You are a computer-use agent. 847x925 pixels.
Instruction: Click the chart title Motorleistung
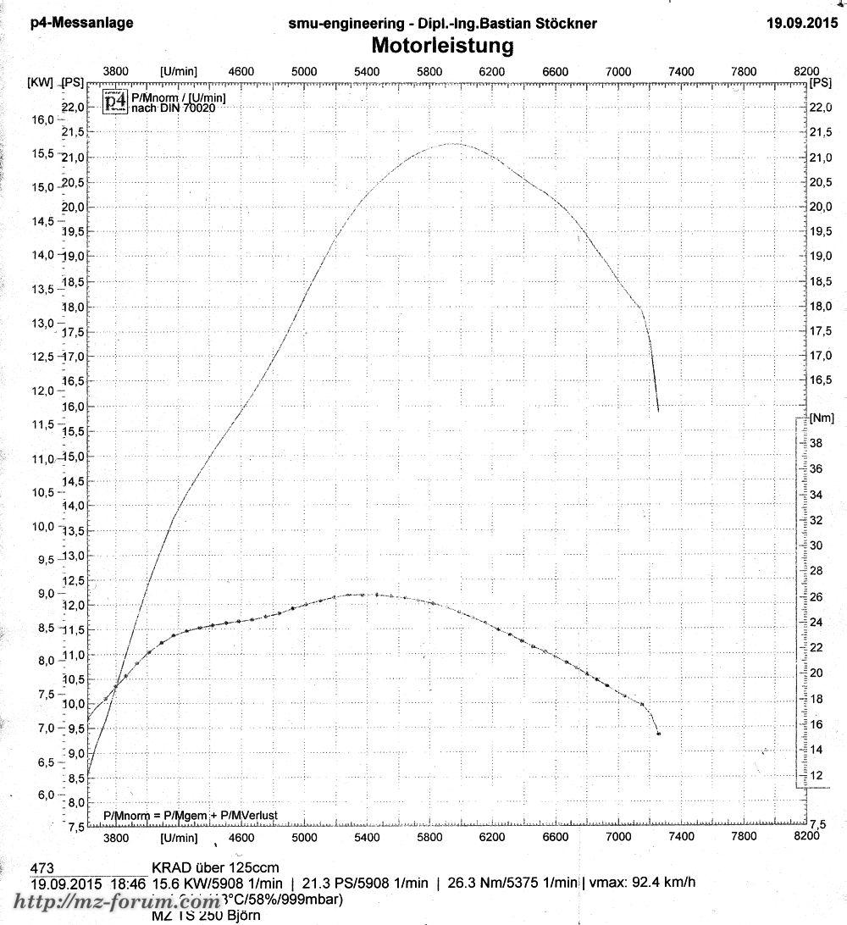point(442,45)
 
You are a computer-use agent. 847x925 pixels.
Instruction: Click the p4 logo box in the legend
point(114,102)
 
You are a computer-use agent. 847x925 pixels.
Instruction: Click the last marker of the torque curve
point(658,734)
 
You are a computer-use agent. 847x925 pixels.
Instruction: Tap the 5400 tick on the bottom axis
point(367,838)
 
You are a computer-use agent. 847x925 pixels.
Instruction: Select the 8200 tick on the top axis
point(808,72)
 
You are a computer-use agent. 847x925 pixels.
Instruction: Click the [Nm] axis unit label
point(822,418)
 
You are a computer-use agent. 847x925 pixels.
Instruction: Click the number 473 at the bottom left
point(43,867)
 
